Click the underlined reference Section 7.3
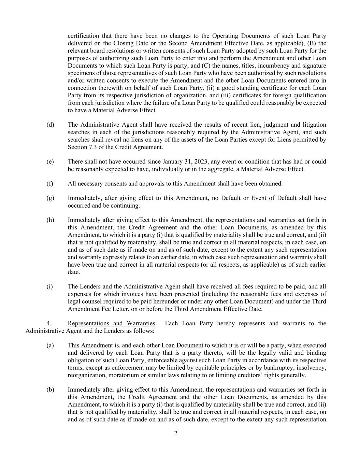[x=82, y=147]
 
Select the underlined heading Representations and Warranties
[x=111, y=323]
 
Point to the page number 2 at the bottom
[x=176, y=434]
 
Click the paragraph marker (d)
[x=50, y=125]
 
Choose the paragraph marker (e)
[x=50, y=161]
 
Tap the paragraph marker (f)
[x=50, y=184]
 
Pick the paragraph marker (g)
[x=50, y=198]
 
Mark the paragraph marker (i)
[x=50, y=286]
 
